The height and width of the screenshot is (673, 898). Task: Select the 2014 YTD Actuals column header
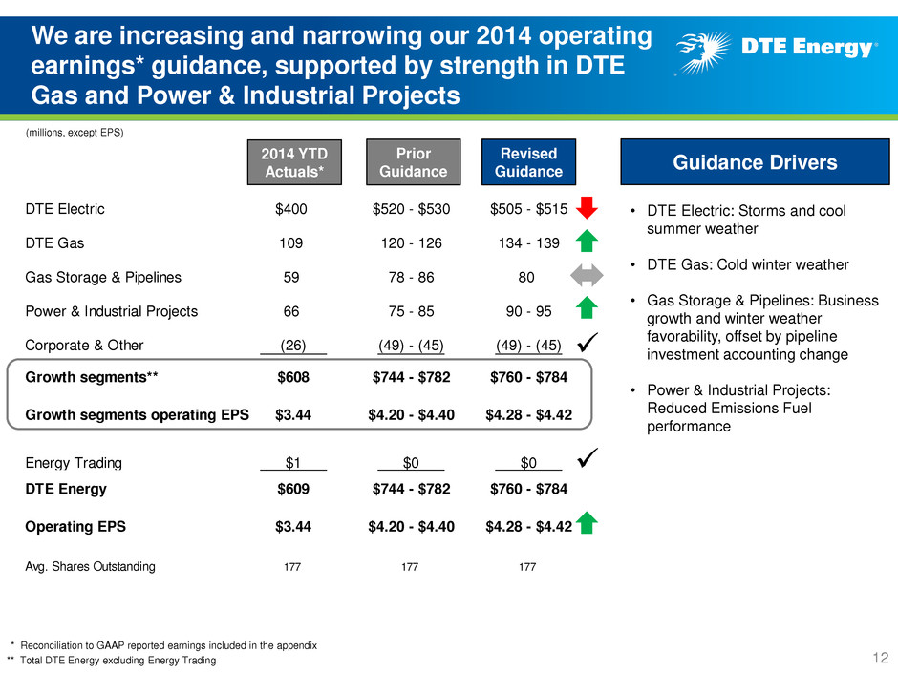pyautogui.click(x=294, y=162)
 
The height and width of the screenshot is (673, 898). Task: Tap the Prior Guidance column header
pyautogui.click(x=414, y=162)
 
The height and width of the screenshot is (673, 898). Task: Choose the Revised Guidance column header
pyautogui.click(x=528, y=162)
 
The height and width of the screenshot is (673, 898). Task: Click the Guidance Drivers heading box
pyautogui.click(x=755, y=162)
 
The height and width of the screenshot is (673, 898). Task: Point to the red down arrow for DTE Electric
pyautogui.click(x=587, y=208)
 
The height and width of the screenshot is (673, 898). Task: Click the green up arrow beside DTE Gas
pyautogui.click(x=587, y=241)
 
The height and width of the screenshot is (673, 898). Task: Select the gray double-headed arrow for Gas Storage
pyautogui.click(x=587, y=275)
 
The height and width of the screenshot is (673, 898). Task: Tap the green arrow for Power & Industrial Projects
pyautogui.click(x=587, y=308)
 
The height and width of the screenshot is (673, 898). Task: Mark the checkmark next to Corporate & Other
pyautogui.click(x=588, y=342)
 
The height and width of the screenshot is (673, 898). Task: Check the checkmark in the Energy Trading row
pyautogui.click(x=588, y=458)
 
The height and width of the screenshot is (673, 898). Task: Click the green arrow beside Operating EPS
pyautogui.click(x=587, y=522)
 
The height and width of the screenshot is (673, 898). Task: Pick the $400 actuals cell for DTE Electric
pyautogui.click(x=291, y=209)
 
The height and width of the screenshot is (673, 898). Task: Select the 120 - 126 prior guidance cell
pyautogui.click(x=411, y=243)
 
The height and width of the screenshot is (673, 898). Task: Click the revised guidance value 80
pyautogui.click(x=526, y=278)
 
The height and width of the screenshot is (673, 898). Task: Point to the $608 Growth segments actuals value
pyautogui.click(x=293, y=377)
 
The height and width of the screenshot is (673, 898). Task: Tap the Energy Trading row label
pyautogui.click(x=74, y=463)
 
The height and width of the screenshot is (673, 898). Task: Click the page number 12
pyautogui.click(x=880, y=658)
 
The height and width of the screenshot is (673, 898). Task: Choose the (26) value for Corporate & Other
pyautogui.click(x=293, y=346)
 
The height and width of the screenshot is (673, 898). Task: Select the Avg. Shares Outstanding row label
pyautogui.click(x=90, y=566)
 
